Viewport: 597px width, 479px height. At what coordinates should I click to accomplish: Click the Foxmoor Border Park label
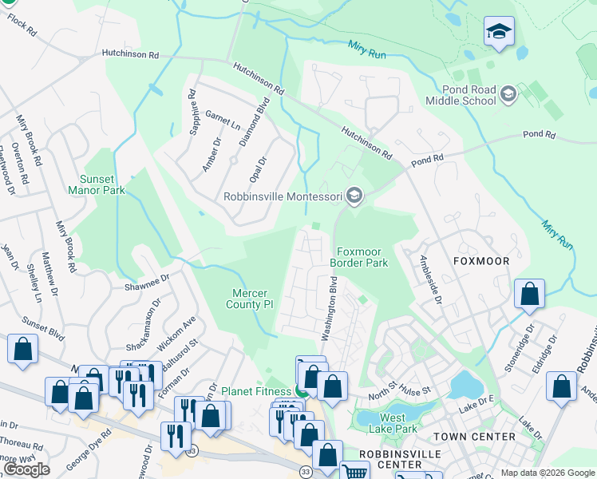click(359, 256)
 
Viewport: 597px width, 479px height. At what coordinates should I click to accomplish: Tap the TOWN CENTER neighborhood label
click(474, 437)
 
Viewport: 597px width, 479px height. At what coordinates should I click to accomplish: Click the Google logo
click(26, 469)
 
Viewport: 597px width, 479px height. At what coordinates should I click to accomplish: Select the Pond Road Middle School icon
click(507, 96)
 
